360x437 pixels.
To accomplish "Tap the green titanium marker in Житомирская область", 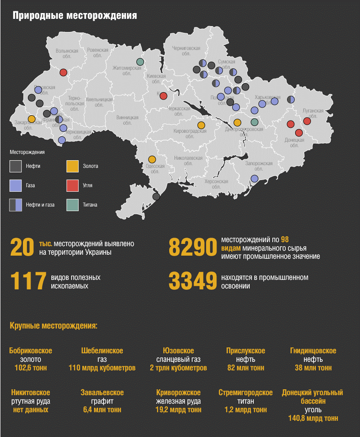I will tap(140, 62).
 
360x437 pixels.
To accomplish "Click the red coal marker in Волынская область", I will tap(63, 72).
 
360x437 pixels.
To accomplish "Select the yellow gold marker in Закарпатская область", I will tap(31, 119).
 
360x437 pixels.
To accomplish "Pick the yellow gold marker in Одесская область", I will tap(152, 159).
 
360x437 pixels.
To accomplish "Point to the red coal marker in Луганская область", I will tap(307, 121).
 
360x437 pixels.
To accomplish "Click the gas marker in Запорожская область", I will tap(254, 179).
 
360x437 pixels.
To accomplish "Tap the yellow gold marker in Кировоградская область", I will tap(201, 125).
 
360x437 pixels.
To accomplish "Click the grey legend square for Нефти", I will tap(16, 166).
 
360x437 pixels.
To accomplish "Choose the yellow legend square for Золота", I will tap(72, 166).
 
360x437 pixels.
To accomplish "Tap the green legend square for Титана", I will tap(72, 205).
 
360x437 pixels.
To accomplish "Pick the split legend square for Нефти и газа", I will tap(16, 205).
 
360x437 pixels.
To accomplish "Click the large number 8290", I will tap(193, 248).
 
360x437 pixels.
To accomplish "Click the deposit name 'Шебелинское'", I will tap(102, 351).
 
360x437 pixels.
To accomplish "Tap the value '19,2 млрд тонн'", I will tap(178, 410).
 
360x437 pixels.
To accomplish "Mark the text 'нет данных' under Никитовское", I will tap(30, 410).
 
